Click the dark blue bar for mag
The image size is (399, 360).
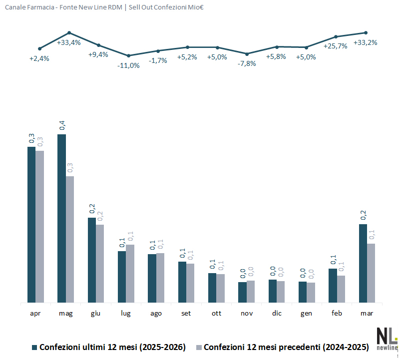(61, 218)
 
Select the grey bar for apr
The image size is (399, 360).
(40, 226)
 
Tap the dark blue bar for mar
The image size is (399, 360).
(363, 263)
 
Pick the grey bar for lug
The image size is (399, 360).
(130, 273)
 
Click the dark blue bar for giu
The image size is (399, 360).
(92, 260)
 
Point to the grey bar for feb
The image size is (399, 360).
(341, 289)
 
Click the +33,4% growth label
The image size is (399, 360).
(69, 42)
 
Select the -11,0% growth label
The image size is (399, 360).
(128, 65)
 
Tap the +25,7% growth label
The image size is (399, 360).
(336, 46)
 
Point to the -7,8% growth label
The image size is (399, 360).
(246, 63)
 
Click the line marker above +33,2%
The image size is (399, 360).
(366, 32)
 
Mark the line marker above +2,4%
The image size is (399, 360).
(39, 48)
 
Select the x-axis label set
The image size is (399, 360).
(186, 313)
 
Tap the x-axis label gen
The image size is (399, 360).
(307, 313)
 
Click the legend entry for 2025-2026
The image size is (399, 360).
(109, 347)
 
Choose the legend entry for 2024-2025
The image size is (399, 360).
(282, 347)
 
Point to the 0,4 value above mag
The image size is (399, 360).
(62, 125)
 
